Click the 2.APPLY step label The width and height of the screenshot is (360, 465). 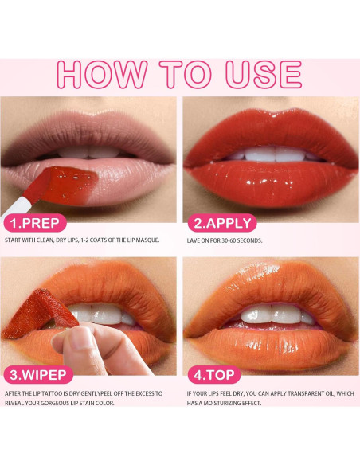pos(218,223)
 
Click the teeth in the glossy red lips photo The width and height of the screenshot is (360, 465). pos(268,154)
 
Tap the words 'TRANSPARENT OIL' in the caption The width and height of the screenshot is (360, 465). pos(315,393)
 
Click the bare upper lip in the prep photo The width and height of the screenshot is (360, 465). pos(88,131)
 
